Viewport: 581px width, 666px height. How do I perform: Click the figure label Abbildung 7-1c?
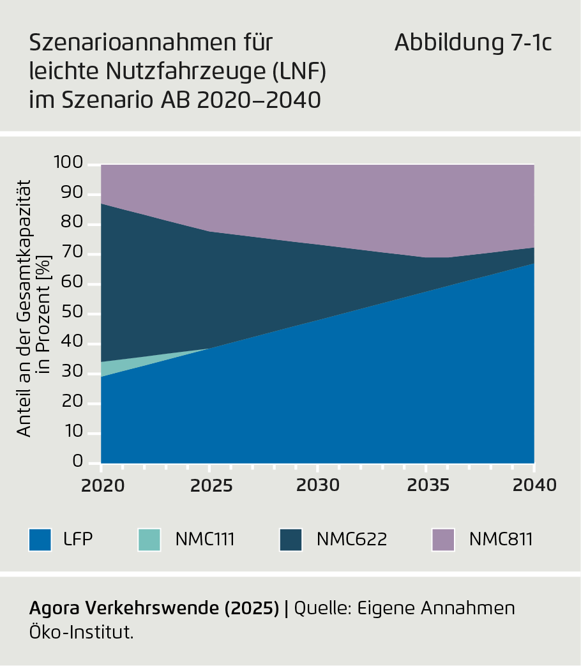pos(472,43)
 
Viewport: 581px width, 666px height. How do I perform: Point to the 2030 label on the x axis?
pos(318,485)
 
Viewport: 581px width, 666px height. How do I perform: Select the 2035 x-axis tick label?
pos(426,485)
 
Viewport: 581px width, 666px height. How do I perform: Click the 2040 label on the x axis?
pos(534,485)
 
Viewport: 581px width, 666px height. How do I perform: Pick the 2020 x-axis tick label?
pos(102,485)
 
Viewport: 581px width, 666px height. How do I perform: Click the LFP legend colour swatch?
pos(40,540)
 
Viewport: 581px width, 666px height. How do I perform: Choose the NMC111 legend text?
pos(205,540)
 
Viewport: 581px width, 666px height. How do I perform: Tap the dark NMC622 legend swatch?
pos(290,540)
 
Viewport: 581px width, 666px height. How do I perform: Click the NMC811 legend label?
pos(501,540)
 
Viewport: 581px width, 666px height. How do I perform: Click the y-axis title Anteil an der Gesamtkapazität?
pos(24,307)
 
